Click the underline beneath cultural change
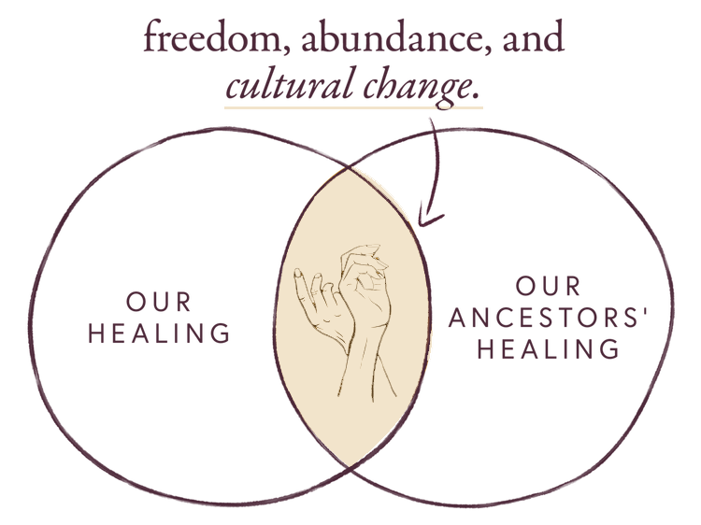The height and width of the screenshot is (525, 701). point(353,106)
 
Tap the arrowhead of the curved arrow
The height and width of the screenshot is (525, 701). point(426,220)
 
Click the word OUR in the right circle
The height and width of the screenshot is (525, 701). point(548,286)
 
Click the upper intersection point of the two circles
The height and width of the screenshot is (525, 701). point(350,168)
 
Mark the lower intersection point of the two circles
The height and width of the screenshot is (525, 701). point(350,467)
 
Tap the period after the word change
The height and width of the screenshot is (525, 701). point(479,96)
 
